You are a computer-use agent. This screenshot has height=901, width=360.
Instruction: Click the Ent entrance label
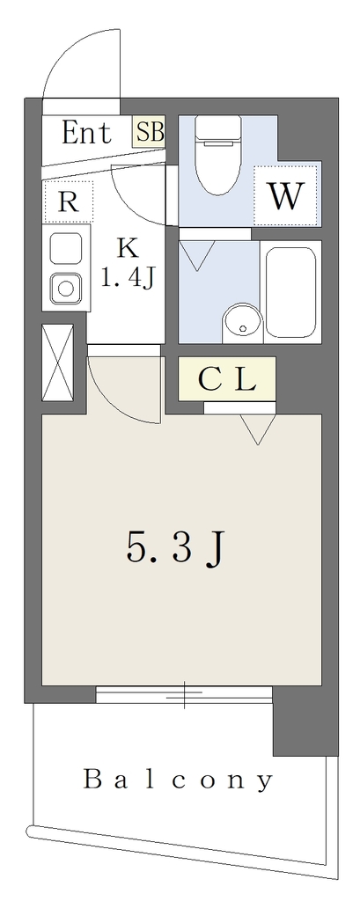pyautogui.click(x=86, y=133)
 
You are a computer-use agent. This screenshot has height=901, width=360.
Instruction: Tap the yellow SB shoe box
pyautogui.click(x=150, y=132)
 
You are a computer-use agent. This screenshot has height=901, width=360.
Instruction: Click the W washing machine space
pyautogui.click(x=286, y=196)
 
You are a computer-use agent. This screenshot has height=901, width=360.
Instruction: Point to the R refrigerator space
pyautogui.click(x=68, y=201)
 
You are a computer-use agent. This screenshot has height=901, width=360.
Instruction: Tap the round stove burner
pyautogui.click(x=65, y=288)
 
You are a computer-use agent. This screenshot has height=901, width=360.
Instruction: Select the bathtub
pyautogui.click(x=291, y=291)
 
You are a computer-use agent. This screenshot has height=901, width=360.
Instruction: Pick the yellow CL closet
pyautogui.click(x=226, y=378)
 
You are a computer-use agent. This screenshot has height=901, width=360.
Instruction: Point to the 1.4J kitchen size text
pyautogui.click(x=127, y=279)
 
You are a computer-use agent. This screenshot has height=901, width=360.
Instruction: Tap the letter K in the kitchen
pyautogui.click(x=128, y=249)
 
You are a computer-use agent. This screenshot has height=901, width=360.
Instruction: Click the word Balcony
pyautogui.click(x=179, y=780)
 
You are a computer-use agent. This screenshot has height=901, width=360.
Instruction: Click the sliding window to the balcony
pyautogui.click(x=184, y=694)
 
